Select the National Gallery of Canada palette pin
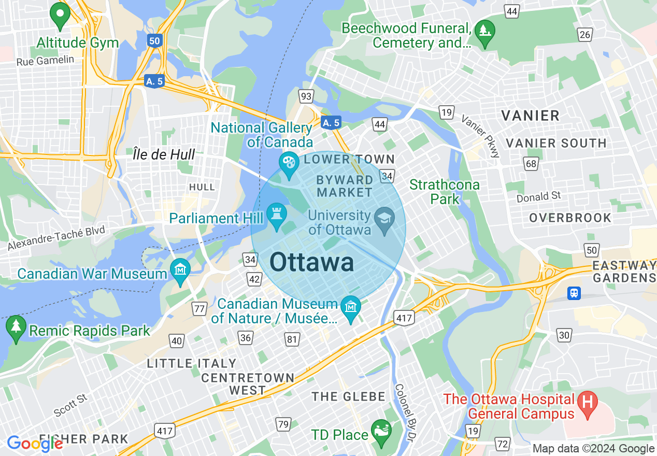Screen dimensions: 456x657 289,163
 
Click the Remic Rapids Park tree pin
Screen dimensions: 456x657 16,328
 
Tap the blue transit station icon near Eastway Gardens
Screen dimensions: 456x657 574,293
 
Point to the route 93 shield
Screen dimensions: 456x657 306,96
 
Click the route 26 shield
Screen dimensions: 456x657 585,35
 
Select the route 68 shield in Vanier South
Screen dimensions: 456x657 531,164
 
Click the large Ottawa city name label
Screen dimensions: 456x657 312,263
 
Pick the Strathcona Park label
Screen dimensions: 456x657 445,192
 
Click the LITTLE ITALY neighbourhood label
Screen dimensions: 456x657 192,364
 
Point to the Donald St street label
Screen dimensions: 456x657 539,197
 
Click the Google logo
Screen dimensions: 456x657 35,444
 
